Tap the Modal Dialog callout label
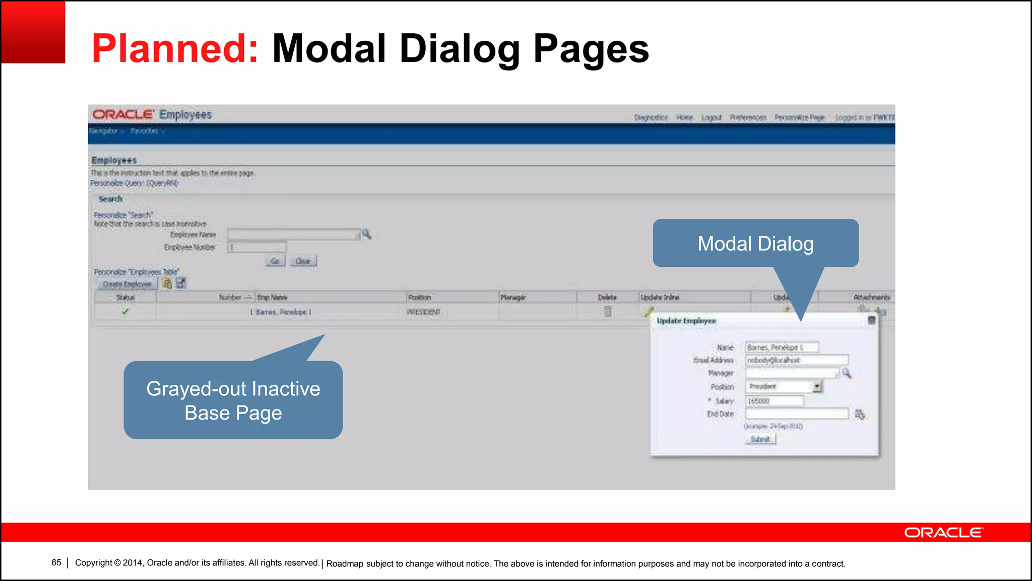pos(755,244)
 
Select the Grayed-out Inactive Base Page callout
pos(233,400)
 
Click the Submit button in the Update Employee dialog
pos(760,439)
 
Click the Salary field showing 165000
pos(775,401)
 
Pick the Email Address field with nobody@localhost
pos(796,360)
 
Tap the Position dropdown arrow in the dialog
pos(817,386)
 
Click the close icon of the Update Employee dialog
pos(871,320)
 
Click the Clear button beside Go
pos(303,261)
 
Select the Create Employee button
pos(127,284)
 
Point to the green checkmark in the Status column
pos(125,312)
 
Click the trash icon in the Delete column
pos(608,312)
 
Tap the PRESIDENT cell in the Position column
pos(423,312)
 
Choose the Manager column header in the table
pos(513,298)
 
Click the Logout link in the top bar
pos(711,118)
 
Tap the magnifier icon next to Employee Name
pos(366,234)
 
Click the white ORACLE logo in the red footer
pos(943,533)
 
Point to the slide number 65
pos(56,562)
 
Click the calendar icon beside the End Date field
pos(860,414)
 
